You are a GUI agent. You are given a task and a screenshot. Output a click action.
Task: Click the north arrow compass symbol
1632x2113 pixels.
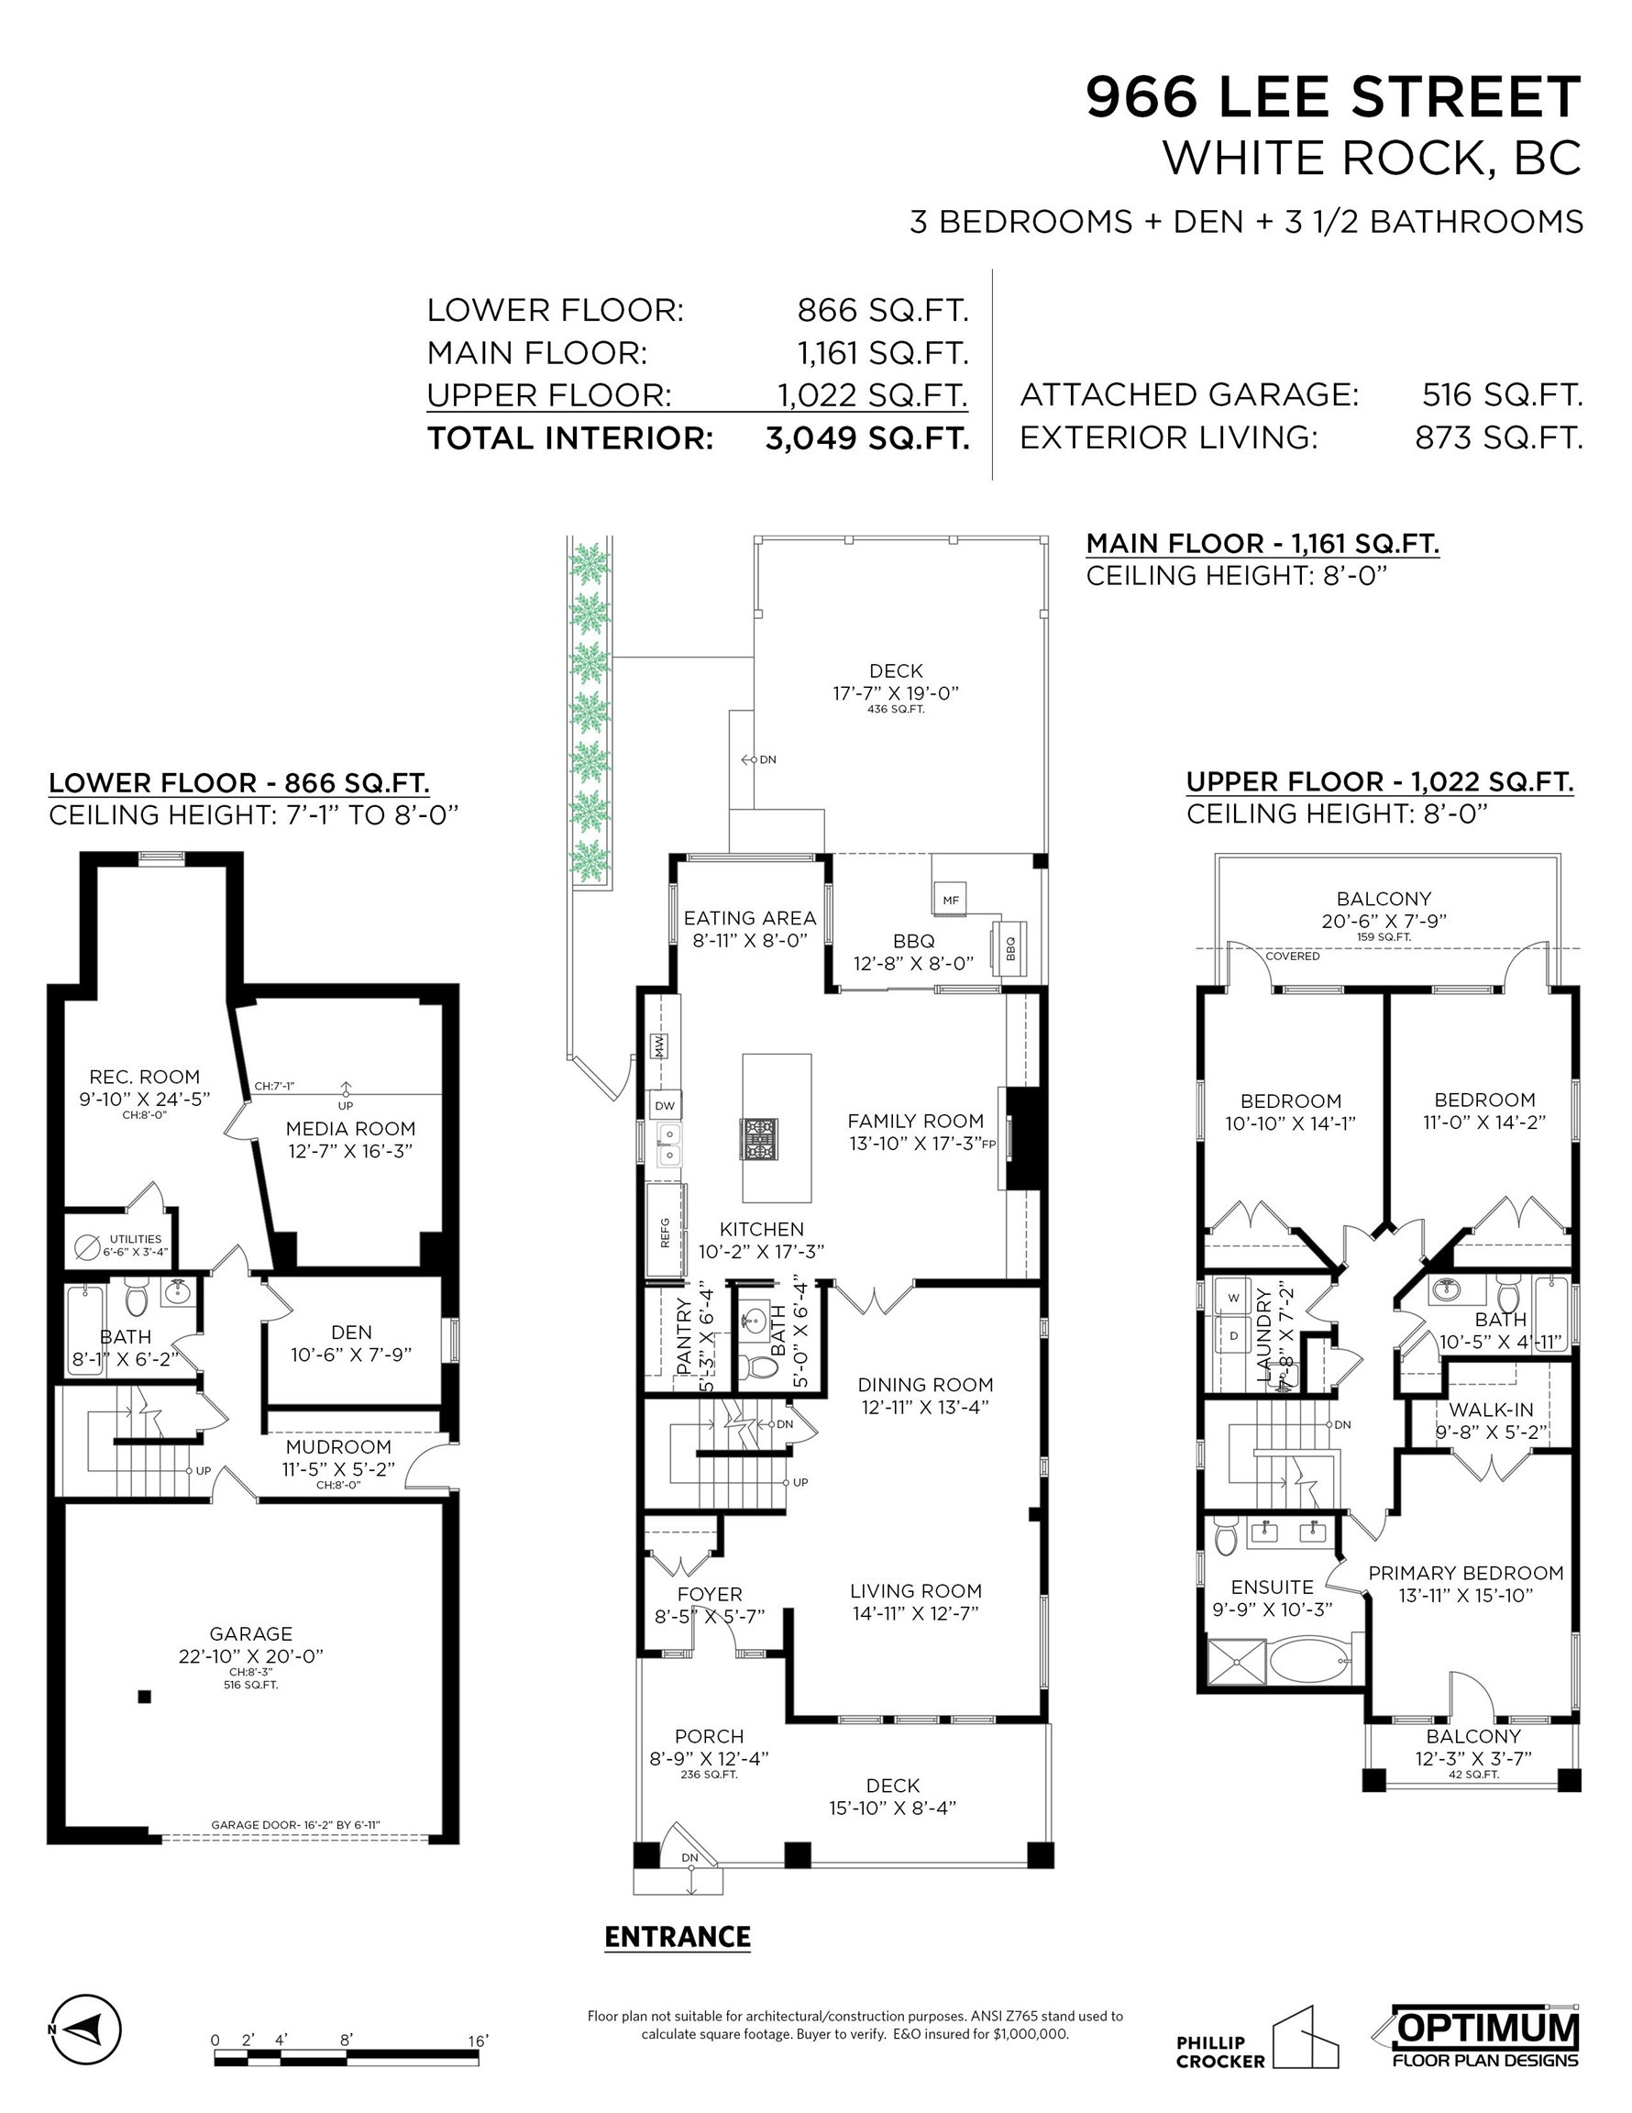[x=86, y=2028]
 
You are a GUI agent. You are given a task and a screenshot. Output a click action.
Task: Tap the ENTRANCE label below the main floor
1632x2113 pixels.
[x=678, y=1937]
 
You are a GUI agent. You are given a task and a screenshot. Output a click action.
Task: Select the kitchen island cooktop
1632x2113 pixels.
[x=759, y=1138]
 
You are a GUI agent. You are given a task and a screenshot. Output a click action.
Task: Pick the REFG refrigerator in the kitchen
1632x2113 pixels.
[x=666, y=1229]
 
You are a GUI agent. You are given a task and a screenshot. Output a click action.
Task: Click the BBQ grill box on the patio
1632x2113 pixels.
[x=1010, y=950]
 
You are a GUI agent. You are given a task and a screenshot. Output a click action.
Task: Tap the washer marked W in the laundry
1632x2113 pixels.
[x=1232, y=1298]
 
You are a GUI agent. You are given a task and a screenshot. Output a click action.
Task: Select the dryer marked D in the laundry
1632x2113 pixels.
[x=1232, y=1335]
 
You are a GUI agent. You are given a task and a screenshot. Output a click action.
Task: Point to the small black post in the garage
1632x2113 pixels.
[x=144, y=1696]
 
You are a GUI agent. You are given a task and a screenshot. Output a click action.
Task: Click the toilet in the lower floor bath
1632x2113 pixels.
[x=137, y=1297]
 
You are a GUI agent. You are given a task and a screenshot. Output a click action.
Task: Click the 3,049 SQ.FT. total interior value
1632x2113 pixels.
[x=866, y=438]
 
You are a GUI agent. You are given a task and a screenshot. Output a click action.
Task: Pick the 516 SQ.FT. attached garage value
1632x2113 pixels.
[x=1503, y=394]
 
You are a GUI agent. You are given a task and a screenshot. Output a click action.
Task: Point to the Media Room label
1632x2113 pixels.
[x=350, y=1128]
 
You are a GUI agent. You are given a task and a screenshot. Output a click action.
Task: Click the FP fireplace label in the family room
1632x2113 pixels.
[x=988, y=1144]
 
